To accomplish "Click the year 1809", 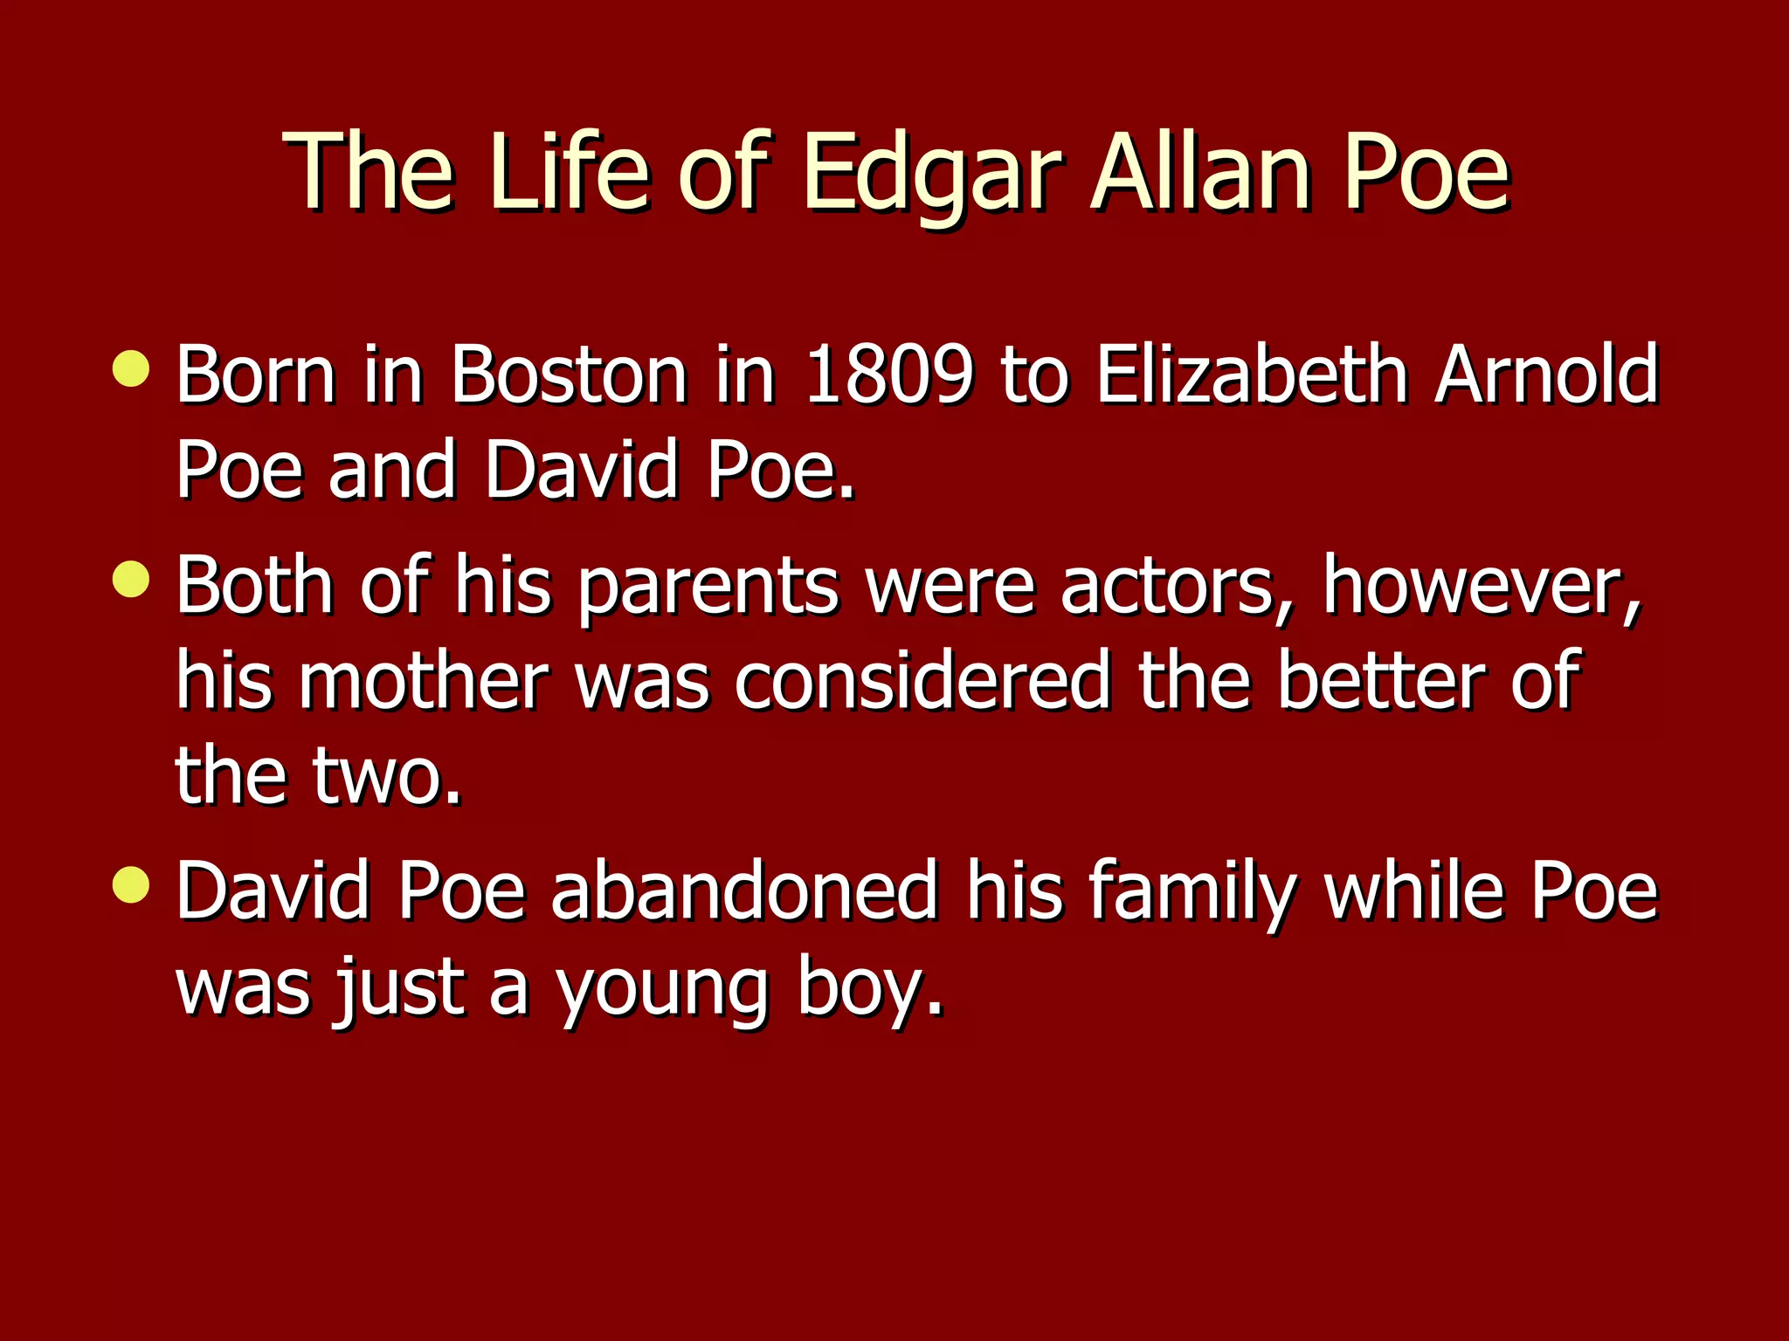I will pyautogui.click(x=888, y=375).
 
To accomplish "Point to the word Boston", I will pyautogui.click(x=569, y=375).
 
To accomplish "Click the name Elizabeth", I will pyautogui.click(x=1251, y=375).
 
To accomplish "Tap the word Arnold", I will pyautogui.click(x=1546, y=375).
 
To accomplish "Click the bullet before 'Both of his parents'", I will pyautogui.click(x=131, y=580).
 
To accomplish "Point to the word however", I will pyautogui.click(x=1482, y=587).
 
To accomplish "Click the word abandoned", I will pyautogui.click(x=744, y=891).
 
